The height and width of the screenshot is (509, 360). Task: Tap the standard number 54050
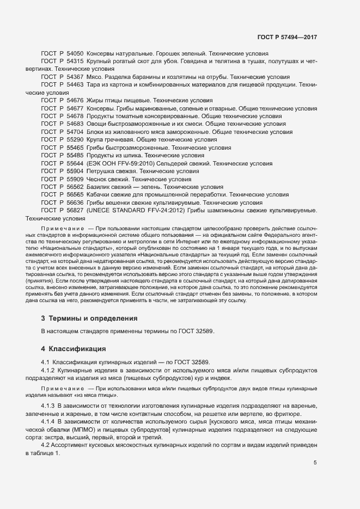pos(75,54)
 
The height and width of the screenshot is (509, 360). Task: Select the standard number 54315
pos(75,62)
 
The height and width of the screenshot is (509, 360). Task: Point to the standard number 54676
pos(75,101)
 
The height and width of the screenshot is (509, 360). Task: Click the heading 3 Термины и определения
pos(89,318)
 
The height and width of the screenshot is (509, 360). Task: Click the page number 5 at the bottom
pos(315,433)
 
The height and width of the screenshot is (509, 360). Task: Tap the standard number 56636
pos(75,202)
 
